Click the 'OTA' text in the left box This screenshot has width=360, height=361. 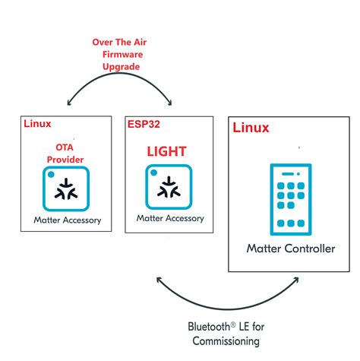65,147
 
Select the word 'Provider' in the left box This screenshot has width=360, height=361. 65,159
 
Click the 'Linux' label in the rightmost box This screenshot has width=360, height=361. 250,128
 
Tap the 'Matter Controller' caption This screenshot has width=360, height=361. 291,249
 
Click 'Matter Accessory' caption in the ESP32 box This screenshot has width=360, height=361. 170,218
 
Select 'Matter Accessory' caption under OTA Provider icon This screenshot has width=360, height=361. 67,221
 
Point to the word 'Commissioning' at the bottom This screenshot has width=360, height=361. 226,342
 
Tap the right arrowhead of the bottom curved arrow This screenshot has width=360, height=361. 294,282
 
